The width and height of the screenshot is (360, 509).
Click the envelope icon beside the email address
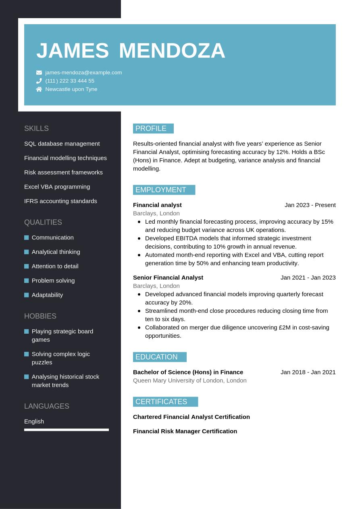click(39, 73)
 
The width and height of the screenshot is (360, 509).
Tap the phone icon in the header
click(39, 81)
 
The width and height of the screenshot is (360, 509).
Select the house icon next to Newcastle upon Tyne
click(39, 89)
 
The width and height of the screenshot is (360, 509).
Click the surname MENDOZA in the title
click(172, 51)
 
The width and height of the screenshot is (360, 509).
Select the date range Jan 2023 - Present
click(310, 205)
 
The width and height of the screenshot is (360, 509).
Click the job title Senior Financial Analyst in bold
click(168, 278)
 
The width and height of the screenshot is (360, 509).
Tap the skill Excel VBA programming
click(57, 187)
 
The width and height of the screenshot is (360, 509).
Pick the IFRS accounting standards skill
click(60, 201)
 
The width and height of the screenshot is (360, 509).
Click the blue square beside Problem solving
click(27, 280)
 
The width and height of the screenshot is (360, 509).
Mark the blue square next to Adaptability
click(27, 295)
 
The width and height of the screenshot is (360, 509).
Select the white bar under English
click(67, 430)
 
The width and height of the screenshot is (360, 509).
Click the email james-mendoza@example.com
click(83, 73)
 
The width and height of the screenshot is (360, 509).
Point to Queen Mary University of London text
click(189, 380)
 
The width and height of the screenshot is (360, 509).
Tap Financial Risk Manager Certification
click(185, 431)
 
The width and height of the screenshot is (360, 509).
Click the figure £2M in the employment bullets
click(285, 328)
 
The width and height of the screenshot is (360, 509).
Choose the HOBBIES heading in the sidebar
click(40, 316)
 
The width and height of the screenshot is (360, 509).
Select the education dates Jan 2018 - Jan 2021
click(308, 372)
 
